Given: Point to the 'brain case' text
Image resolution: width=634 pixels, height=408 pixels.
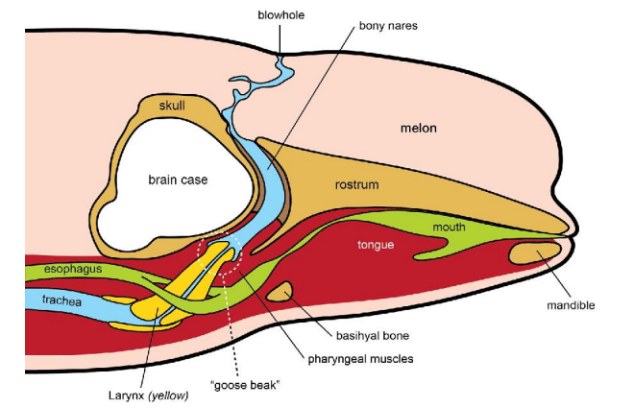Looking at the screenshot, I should pos(178,179).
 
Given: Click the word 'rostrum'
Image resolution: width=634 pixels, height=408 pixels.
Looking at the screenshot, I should pos(356,183).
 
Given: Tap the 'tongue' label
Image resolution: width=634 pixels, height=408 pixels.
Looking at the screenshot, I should pos(376,245).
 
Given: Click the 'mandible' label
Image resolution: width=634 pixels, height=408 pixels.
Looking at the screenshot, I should pos(571,305).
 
